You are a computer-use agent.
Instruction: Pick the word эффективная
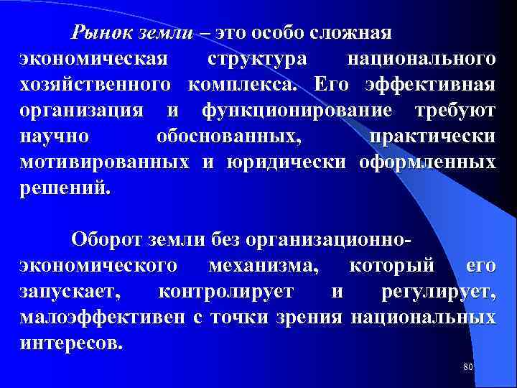tap(430, 86)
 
